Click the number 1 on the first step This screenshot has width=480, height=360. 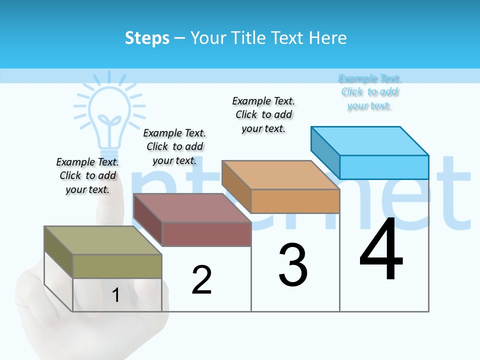pos(115,295)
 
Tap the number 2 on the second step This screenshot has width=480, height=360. pos(201,280)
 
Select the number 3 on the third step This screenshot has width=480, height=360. pos(293,265)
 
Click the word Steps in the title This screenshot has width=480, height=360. pos(147,38)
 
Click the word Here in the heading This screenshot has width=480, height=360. pos(327,38)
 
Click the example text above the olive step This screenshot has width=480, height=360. pos(87,175)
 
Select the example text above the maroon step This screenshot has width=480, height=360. pos(174,146)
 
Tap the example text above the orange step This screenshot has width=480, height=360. pos(263,114)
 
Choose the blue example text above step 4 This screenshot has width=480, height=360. pos(370,92)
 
